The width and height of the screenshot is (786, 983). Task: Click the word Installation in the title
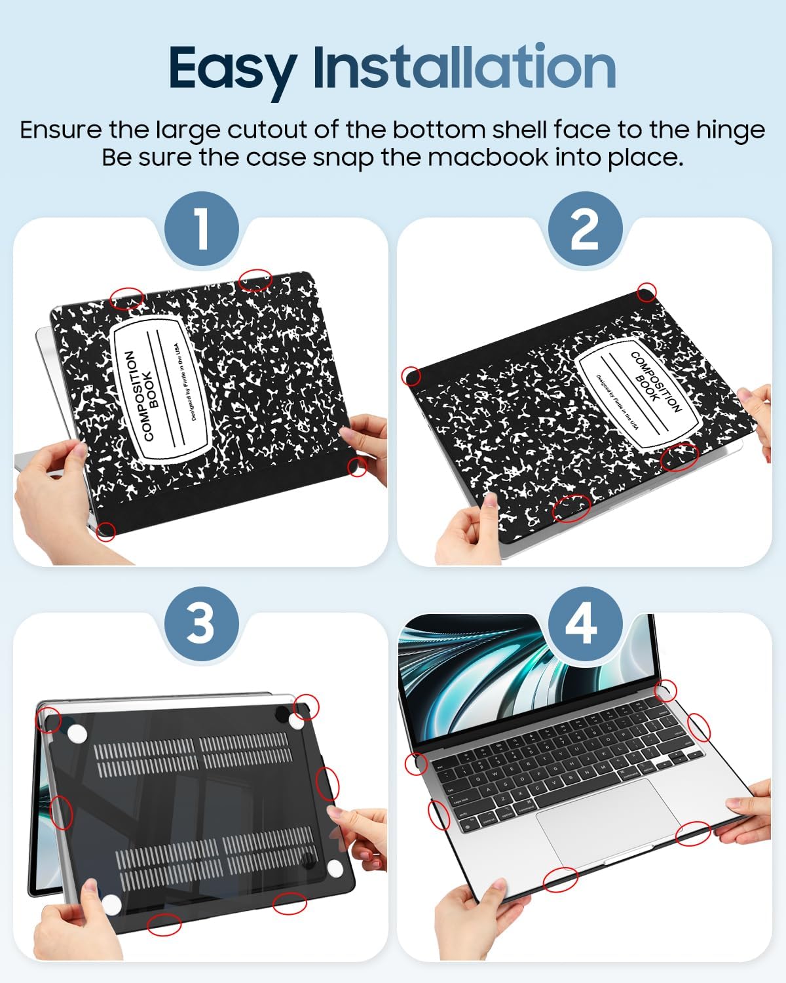point(464,67)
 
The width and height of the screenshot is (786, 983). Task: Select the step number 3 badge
point(201,623)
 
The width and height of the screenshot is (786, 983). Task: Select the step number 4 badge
point(584,623)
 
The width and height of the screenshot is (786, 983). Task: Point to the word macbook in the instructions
point(489,158)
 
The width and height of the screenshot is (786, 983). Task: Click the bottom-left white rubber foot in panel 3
point(111,905)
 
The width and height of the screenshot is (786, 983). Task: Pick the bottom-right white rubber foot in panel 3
point(335,869)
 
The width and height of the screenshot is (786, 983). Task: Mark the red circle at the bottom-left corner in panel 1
point(106,531)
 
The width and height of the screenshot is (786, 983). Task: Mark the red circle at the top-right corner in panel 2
point(646,293)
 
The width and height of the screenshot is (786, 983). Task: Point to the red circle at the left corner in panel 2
point(411,376)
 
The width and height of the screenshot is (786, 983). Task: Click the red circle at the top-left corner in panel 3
point(50,720)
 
